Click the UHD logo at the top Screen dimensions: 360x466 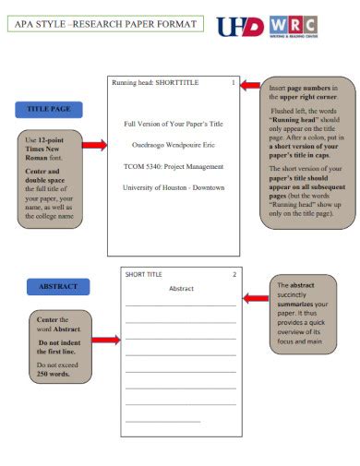[240, 26]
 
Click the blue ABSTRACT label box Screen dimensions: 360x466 [58, 287]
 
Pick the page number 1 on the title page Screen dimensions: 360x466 [234, 83]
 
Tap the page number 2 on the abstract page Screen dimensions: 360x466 [234, 274]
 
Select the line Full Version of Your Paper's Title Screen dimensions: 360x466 [173, 123]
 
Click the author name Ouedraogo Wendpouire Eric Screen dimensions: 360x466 [173, 144]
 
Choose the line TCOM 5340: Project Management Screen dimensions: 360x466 [173, 166]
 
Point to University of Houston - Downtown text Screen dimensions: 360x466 [173, 187]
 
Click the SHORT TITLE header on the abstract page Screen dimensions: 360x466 [144, 274]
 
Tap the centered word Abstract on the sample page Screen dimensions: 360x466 [181, 289]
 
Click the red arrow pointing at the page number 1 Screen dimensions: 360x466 [249, 85]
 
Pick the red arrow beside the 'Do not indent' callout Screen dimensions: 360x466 [105, 341]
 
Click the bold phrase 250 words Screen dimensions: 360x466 [54, 375]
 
